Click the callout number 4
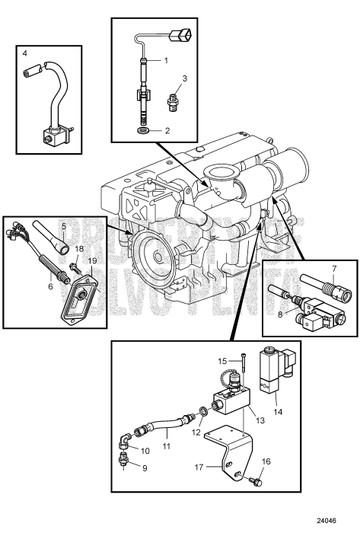(24, 54)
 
